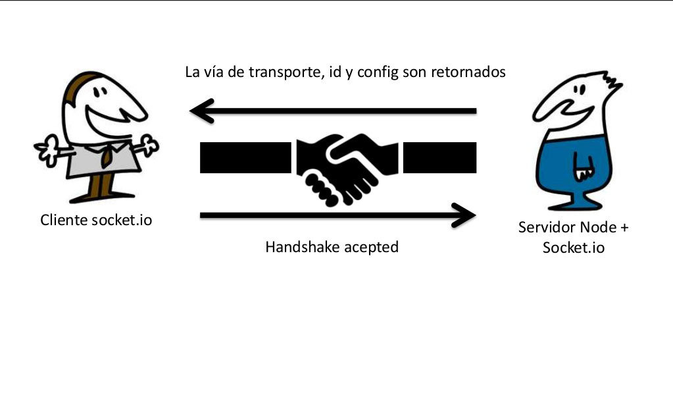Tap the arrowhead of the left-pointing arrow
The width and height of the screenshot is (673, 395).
click(x=201, y=111)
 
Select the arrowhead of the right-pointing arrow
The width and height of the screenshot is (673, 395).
click(x=464, y=214)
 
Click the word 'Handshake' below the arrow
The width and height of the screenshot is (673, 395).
click(x=295, y=248)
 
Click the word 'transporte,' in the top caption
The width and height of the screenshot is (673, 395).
click(x=283, y=72)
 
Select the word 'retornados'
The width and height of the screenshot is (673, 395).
click(x=468, y=72)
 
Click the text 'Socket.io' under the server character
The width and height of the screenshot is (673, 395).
click(x=574, y=248)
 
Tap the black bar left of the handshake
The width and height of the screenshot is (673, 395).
click(x=245, y=157)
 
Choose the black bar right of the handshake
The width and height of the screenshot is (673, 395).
click(x=439, y=157)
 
